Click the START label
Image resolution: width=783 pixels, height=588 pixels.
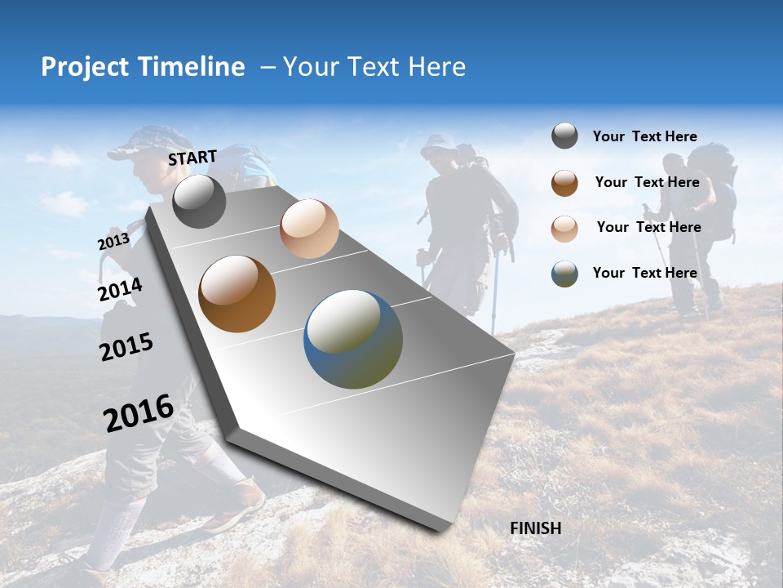[x=192, y=158]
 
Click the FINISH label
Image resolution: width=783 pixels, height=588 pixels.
[x=535, y=528]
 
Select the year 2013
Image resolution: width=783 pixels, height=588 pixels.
[x=113, y=242]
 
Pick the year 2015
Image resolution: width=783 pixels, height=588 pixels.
[x=126, y=347]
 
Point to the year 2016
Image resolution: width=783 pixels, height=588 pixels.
[x=139, y=412]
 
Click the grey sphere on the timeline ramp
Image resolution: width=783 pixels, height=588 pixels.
[x=199, y=201]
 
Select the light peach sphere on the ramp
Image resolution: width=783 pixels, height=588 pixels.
[x=309, y=229]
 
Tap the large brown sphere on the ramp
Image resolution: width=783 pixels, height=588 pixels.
[x=237, y=293]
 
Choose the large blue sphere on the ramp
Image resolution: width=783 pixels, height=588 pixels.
[x=353, y=339]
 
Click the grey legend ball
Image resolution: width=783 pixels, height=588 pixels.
[x=564, y=136]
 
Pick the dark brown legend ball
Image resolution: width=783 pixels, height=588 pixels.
[x=564, y=183]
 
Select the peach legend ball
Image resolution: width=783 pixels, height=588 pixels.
[x=564, y=228]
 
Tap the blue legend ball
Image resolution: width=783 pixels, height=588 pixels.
[x=564, y=274]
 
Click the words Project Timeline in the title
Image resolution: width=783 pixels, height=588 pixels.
[x=143, y=67]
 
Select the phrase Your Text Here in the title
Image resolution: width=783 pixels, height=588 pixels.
[x=374, y=67]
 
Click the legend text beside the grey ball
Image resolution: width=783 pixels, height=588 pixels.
[x=644, y=136]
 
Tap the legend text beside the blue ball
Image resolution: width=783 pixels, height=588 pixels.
[x=644, y=273]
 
